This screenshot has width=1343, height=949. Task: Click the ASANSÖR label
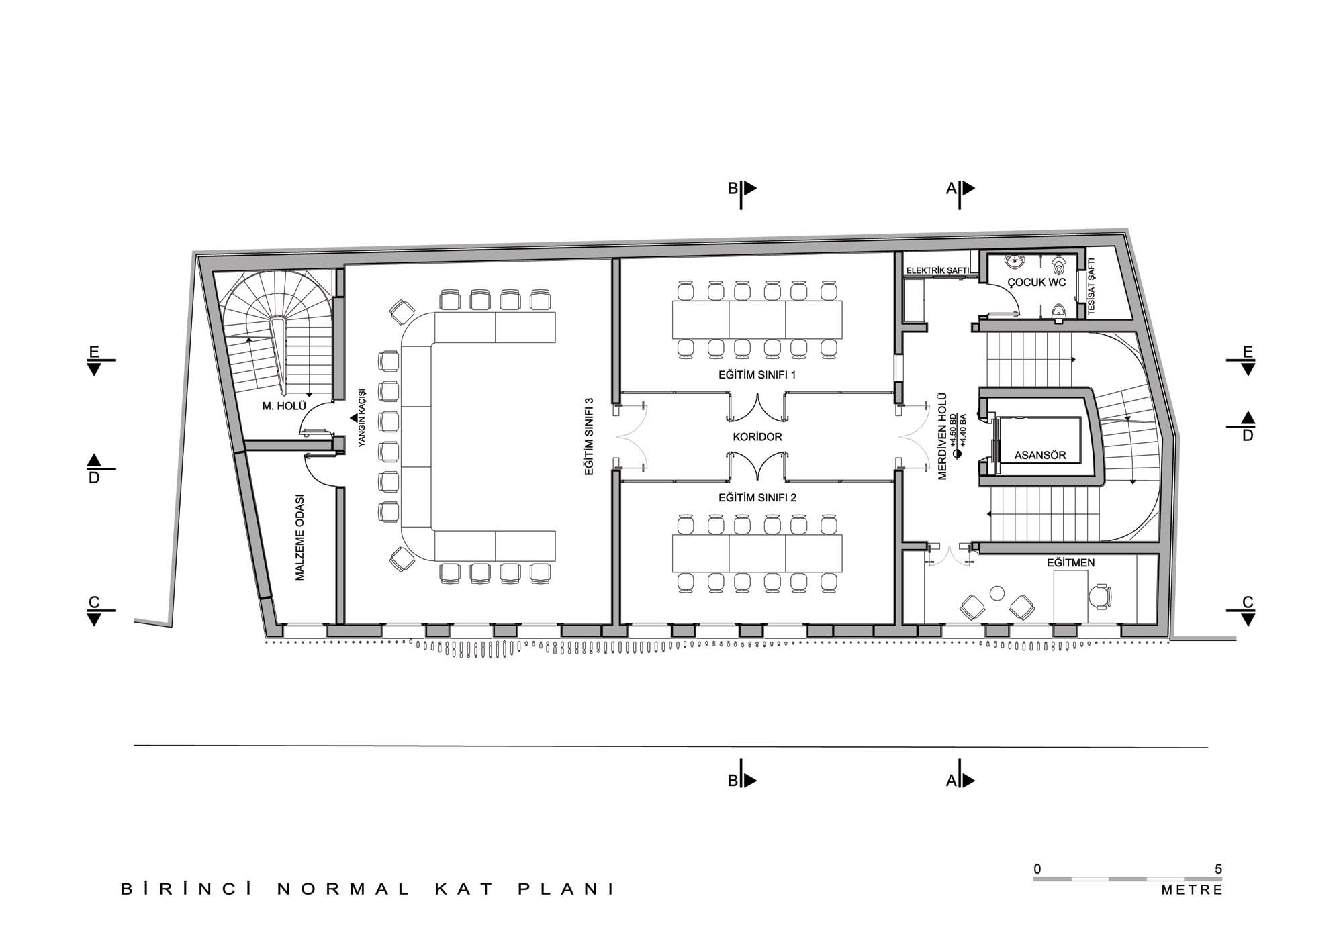(1040, 455)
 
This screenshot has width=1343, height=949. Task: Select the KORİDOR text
(757, 437)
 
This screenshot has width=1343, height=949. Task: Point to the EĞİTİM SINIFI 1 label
(757, 375)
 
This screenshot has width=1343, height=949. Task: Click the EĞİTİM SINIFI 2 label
(757, 498)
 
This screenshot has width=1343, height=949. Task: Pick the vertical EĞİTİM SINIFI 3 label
(589, 437)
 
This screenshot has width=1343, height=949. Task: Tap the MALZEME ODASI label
(299, 538)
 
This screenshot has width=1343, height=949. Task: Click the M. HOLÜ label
(284, 406)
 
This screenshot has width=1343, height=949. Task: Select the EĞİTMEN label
(1070, 562)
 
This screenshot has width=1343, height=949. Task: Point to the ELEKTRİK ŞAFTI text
(937, 270)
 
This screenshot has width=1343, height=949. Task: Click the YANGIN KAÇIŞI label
(361, 417)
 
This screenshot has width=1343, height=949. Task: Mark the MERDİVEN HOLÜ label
(942, 436)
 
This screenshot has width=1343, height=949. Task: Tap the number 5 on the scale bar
(1218, 869)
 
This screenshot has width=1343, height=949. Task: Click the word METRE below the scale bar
(1192, 890)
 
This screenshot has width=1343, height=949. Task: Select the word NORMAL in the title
(343, 889)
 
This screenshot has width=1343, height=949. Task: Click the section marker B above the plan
(733, 189)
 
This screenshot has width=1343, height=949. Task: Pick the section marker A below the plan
(951, 781)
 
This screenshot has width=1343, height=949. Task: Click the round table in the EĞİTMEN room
(997, 593)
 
